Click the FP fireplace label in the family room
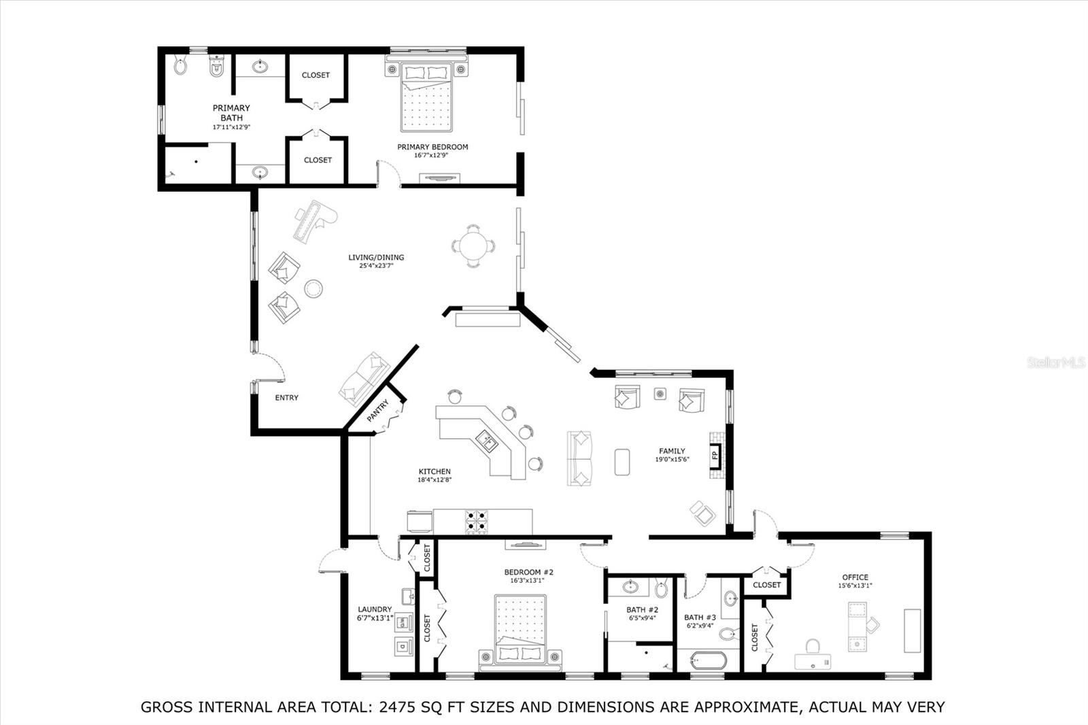[715, 456]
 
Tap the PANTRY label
[378, 411]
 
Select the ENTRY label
[286, 398]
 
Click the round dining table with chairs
[474, 246]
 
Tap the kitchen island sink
[487, 441]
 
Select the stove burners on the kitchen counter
[477, 522]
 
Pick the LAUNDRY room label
[375, 609]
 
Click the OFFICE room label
[855, 577]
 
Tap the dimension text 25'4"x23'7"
[376, 266]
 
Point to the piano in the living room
[314, 218]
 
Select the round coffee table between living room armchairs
[313, 288]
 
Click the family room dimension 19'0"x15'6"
[672, 460]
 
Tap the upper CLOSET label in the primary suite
[316, 75]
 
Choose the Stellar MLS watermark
[1055, 363]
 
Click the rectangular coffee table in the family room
[623, 461]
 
